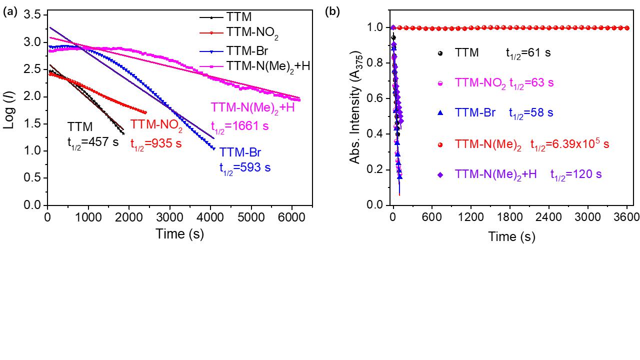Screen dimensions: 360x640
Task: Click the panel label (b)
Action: pos(332,12)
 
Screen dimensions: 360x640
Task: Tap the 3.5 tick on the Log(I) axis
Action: pos(31,15)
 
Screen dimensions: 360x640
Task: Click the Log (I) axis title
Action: pos(10,110)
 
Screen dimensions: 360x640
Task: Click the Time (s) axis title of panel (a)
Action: pos(179,233)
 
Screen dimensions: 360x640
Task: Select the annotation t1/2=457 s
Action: pos(93,142)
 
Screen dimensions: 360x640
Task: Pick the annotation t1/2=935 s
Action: pos(156,144)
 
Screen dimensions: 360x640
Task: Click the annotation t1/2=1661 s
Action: pos(240,126)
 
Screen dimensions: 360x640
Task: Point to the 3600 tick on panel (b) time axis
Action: pos(626,217)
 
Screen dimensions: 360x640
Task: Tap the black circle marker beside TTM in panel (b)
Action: pos(440,52)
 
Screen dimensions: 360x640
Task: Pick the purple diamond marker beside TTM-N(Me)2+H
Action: pos(440,174)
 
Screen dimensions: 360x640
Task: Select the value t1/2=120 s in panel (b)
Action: pos(576,174)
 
